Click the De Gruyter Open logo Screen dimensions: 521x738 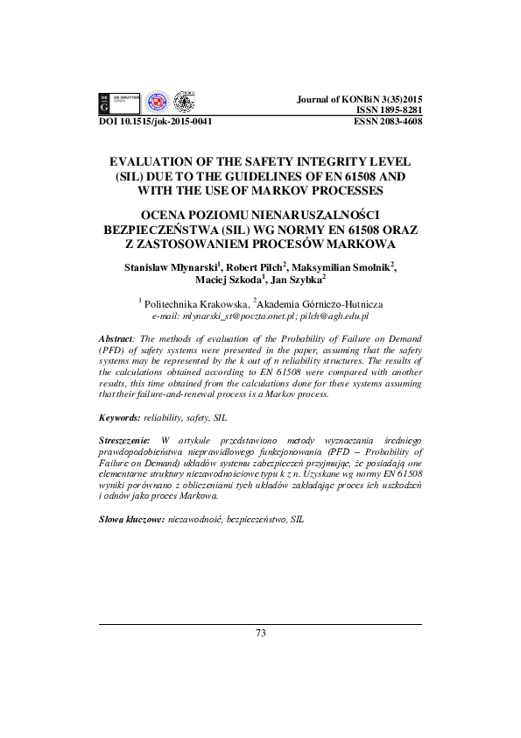click(x=120, y=103)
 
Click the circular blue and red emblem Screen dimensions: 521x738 click(x=157, y=103)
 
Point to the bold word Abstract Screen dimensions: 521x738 click(x=116, y=337)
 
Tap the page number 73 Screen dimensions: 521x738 click(x=260, y=634)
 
